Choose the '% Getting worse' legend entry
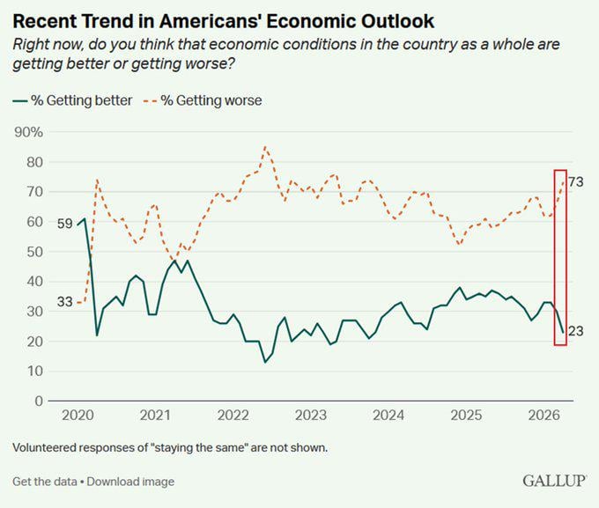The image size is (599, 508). tap(211, 100)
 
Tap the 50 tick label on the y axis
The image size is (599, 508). tap(34, 252)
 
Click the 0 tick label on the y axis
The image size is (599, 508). tap(39, 401)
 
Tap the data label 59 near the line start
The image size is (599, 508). tap(65, 224)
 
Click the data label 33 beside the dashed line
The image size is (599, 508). tap(65, 302)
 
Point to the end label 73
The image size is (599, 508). tap(576, 181)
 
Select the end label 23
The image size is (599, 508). tap(576, 331)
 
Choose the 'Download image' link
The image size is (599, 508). tap(130, 482)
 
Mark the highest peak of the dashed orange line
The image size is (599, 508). tap(265, 147)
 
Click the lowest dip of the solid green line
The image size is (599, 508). tap(264, 362)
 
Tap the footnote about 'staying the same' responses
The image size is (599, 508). tap(170, 447)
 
